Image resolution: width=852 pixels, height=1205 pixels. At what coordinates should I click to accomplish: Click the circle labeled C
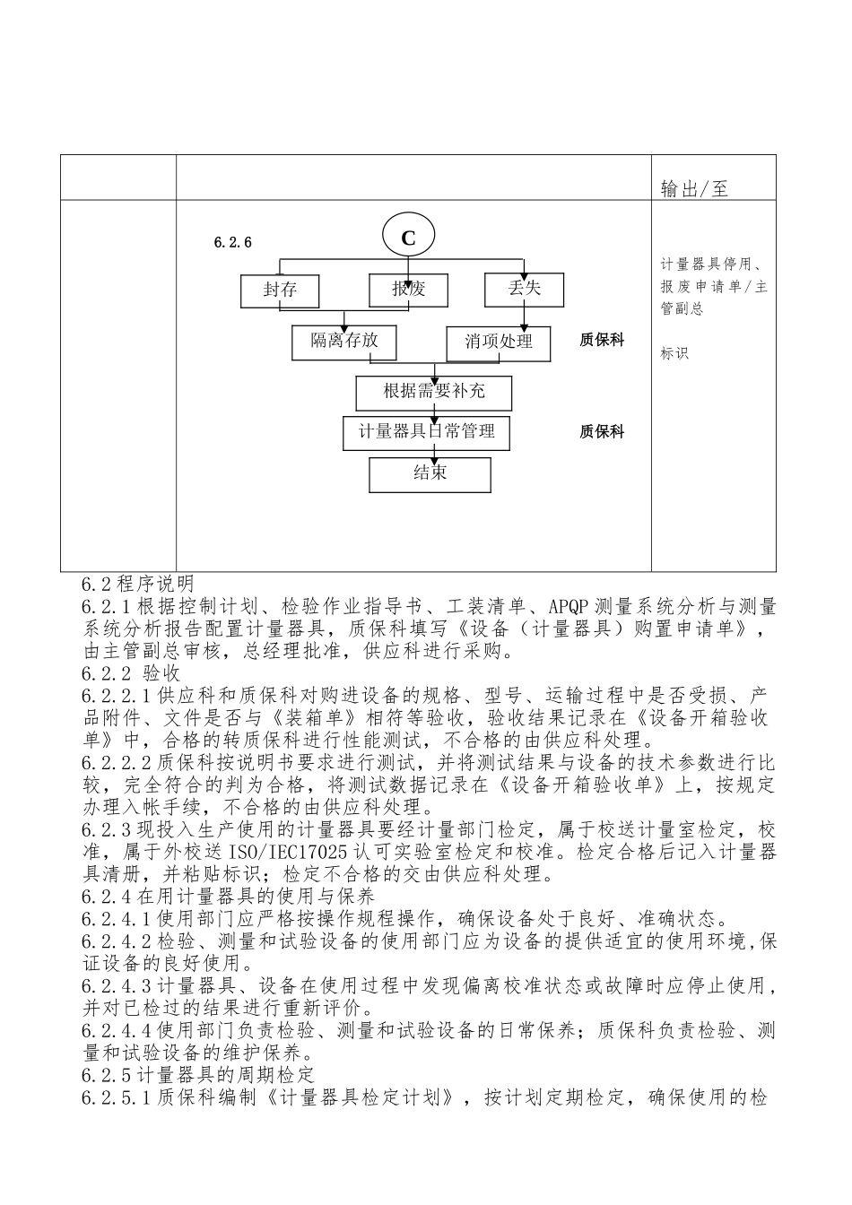[408, 238]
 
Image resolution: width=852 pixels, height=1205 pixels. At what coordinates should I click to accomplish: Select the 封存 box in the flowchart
[280, 290]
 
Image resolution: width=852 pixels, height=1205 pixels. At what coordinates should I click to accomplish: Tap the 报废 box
[408, 290]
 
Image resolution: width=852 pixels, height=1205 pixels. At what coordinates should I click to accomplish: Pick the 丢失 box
[525, 288]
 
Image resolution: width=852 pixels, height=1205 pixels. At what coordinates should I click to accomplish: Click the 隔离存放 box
[344, 341]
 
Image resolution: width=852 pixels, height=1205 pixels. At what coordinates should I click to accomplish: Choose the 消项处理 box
[499, 342]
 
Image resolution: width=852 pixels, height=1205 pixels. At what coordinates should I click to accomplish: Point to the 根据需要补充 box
[434, 391]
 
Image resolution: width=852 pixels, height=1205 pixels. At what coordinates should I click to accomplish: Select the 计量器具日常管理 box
[427, 431]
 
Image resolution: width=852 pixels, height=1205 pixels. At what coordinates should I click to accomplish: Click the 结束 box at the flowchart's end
[430, 473]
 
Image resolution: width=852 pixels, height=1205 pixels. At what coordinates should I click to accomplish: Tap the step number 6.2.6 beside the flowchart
[233, 242]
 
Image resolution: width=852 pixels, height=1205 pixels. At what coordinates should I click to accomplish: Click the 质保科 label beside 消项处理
[602, 341]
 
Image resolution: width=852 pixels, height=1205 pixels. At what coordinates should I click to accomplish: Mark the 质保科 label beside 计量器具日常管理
[602, 432]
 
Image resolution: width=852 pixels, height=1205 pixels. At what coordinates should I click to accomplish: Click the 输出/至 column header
[694, 188]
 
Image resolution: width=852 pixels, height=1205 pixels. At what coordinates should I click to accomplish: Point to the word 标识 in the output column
[674, 353]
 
